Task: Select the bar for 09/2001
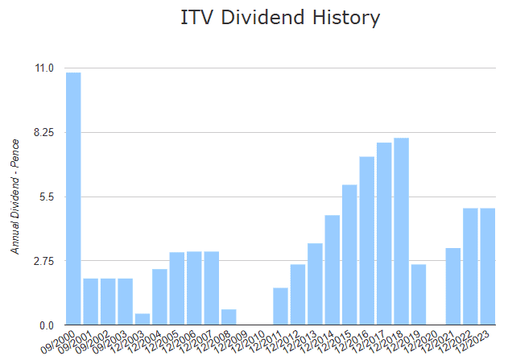[x=91, y=302]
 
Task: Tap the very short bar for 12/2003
[x=142, y=319]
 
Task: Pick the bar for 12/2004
[x=159, y=297]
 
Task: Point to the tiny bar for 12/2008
[x=229, y=317]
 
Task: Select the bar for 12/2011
[x=280, y=306]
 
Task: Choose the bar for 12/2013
[x=315, y=284]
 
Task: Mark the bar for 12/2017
[x=384, y=234]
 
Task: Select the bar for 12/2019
[x=418, y=295]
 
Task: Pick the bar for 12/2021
[x=453, y=287]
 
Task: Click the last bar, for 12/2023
[x=487, y=267]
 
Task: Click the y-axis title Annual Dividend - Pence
[x=15, y=197]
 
